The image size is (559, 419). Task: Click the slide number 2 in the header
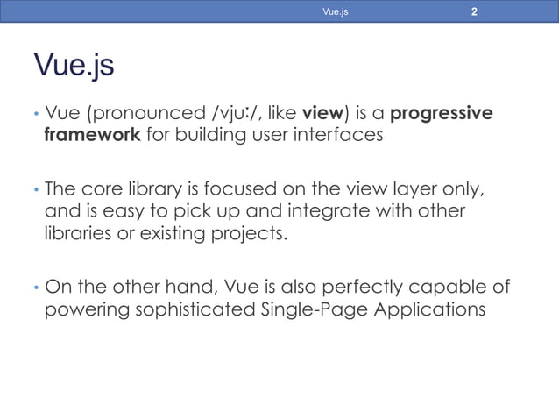click(x=474, y=12)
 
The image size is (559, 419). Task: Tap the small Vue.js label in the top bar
click(x=336, y=12)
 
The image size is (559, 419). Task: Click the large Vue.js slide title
click(x=74, y=66)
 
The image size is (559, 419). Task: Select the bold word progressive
click(x=441, y=114)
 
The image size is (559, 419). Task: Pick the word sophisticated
click(x=187, y=311)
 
